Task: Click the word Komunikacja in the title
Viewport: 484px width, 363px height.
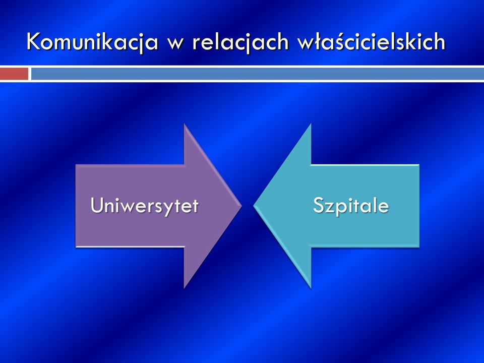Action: tap(92, 42)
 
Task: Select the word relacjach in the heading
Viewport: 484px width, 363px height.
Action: tap(240, 42)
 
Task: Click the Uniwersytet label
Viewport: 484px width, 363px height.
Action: tap(145, 206)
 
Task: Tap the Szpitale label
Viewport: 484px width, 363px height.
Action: tap(351, 205)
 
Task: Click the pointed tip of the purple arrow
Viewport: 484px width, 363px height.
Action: tap(241, 206)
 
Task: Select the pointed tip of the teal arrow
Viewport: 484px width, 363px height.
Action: tap(254, 206)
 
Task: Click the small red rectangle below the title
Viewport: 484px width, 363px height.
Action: tap(14, 74)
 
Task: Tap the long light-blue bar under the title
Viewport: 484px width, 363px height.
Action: tap(258, 74)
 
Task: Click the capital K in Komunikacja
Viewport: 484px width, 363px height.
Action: tap(34, 41)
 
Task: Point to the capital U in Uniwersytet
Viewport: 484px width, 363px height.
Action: tap(97, 205)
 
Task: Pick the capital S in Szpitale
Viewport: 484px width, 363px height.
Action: tap(318, 205)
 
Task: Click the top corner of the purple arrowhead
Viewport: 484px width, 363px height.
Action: tap(185, 124)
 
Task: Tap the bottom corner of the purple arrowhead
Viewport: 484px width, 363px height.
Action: tap(185, 288)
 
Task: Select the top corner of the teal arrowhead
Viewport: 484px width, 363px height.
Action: tap(311, 124)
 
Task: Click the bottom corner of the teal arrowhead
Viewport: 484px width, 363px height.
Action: tap(311, 288)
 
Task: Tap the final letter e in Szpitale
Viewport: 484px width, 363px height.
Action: tap(383, 207)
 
